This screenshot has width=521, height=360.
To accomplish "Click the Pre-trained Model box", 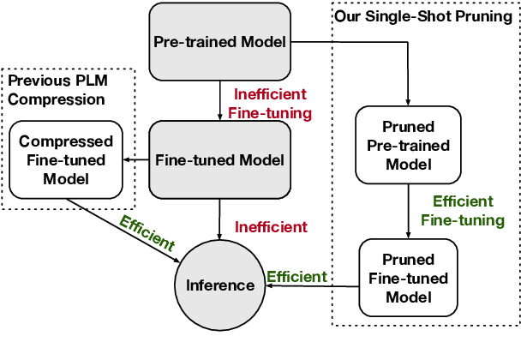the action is point(219,41).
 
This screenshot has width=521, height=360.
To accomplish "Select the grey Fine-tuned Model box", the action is point(219,160).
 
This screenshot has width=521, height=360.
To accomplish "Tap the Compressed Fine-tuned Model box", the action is point(66,160).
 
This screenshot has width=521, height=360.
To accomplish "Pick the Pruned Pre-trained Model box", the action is point(408,145).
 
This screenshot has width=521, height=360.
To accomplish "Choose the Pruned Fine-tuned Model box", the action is point(408,278).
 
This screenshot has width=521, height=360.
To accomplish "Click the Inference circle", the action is point(219,285).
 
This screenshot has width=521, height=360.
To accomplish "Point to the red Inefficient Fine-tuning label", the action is point(270,104).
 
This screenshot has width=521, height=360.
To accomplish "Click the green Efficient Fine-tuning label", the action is point(463,211).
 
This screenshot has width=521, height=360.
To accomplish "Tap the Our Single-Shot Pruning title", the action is point(423,16).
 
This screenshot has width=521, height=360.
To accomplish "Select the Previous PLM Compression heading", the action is point(57,90).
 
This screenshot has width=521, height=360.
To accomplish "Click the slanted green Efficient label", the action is point(147,233).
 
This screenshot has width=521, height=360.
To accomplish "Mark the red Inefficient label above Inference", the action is point(271,227).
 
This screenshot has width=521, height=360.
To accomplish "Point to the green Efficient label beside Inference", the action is point(297,277).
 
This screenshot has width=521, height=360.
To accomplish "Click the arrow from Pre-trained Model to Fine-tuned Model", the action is point(219,100).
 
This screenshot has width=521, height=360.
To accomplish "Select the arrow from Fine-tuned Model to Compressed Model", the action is point(136,160).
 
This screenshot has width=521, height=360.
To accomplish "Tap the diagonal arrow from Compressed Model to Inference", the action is point(123,231).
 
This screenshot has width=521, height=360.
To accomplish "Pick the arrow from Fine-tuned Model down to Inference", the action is point(219,219).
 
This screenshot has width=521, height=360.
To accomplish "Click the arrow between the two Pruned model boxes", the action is point(409,212).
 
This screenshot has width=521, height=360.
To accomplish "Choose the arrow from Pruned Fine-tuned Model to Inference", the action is point(312,286).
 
